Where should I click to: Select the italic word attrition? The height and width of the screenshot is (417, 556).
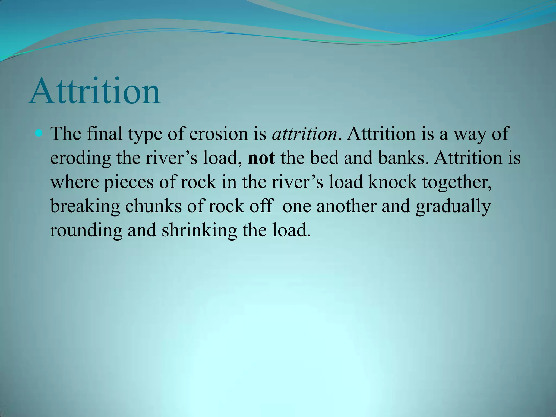pos(304,134)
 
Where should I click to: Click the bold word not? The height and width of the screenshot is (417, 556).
pos(261,158)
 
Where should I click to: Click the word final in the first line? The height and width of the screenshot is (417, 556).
pos(104,134)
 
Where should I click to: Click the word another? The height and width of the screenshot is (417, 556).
pos(346,206)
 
